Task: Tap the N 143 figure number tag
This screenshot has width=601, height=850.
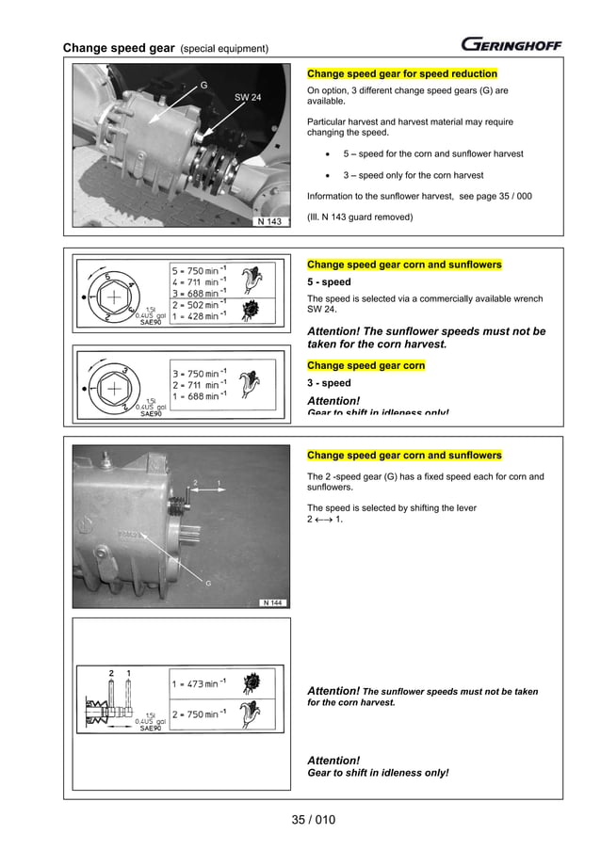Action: [270, 222]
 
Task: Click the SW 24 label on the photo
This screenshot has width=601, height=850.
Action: [248, 95]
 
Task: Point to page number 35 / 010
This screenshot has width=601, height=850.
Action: [313, 820]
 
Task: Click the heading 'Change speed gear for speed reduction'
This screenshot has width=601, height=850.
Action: [402, 73]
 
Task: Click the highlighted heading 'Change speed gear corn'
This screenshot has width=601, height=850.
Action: [365, 365]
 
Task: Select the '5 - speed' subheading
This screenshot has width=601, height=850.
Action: [329, 282]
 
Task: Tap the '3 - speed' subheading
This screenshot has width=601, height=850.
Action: [329, 383]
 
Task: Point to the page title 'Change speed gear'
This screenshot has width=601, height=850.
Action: [119, 48]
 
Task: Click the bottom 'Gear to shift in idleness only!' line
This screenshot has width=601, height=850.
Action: [378, 773]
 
